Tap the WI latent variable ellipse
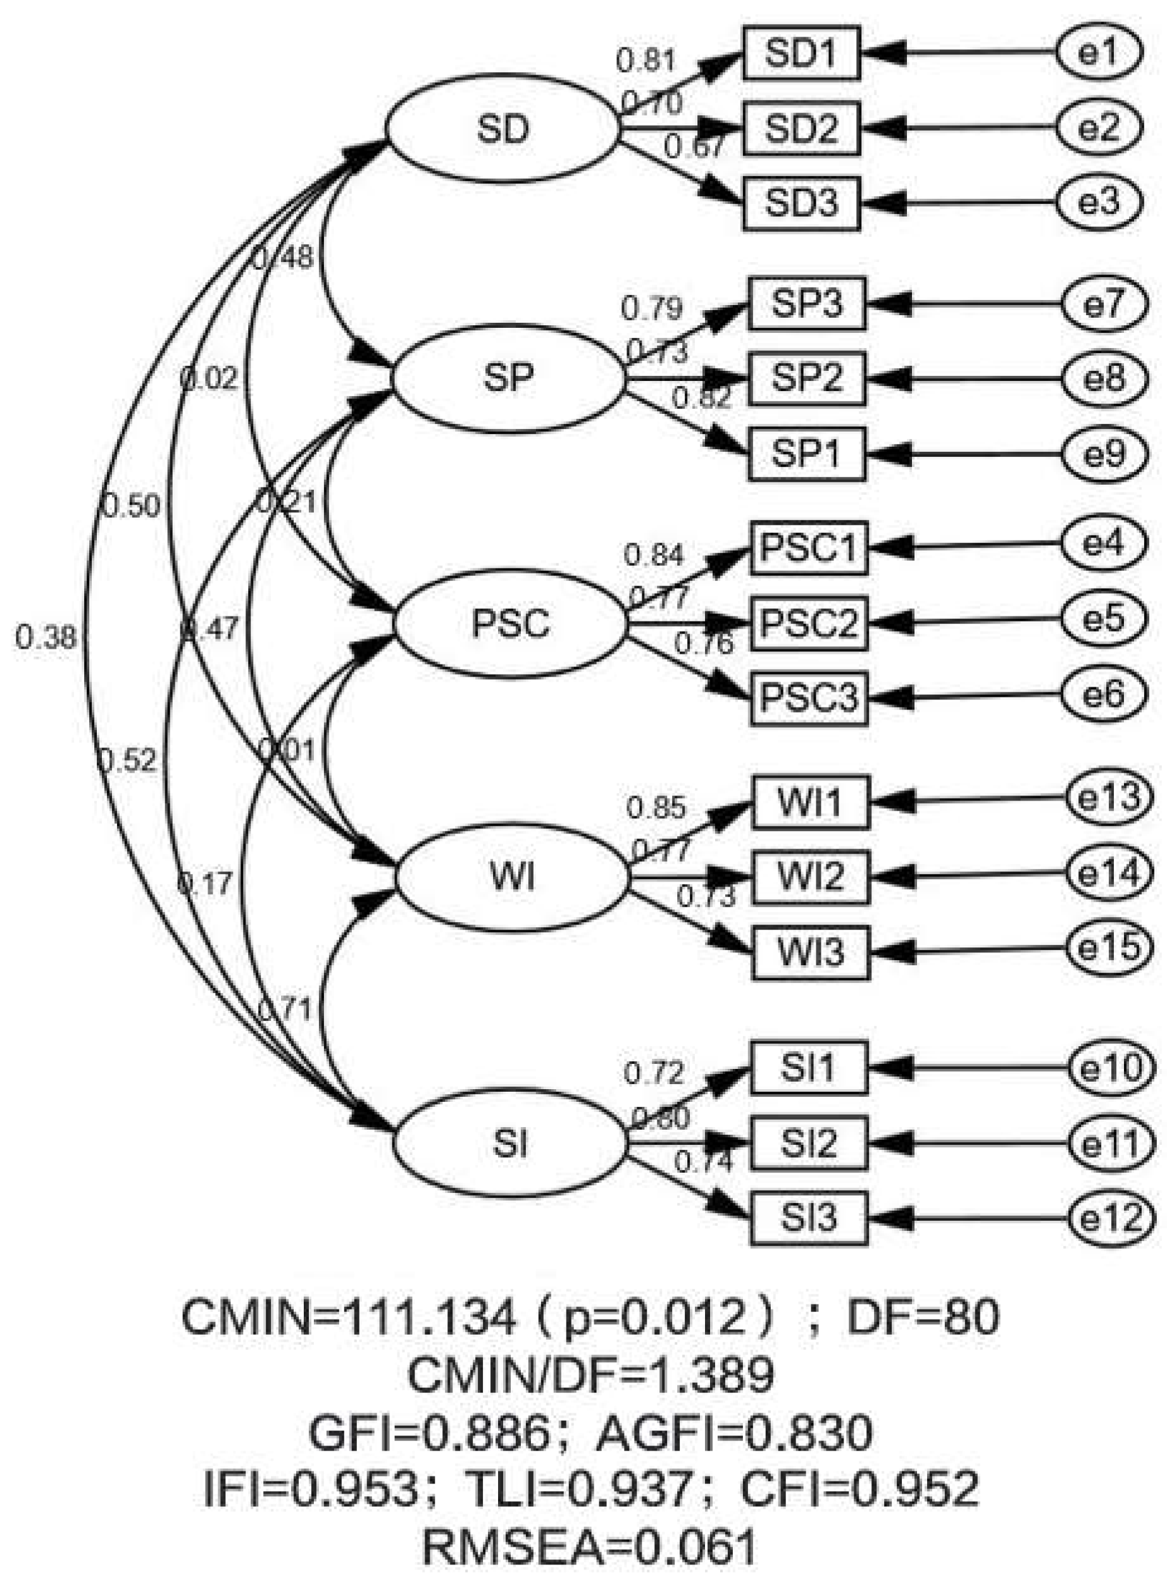511,877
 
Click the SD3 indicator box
801,203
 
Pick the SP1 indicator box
807,454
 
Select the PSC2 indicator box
809,623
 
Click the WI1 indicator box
810,802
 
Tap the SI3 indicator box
808,1217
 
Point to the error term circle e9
1105,454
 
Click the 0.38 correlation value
45,637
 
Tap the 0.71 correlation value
285,1009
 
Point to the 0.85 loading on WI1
656,807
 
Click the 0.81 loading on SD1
646,60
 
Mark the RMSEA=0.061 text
589,1546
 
